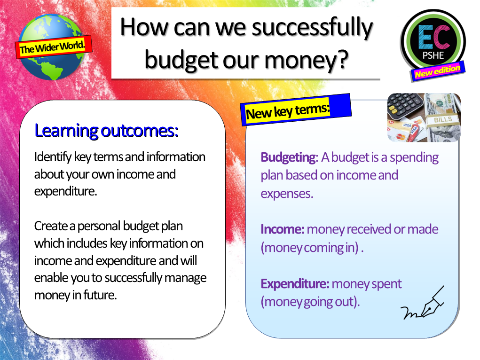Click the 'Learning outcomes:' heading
[x=106, y=131]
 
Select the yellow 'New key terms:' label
[x=288, y=112]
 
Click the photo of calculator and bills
[x=424, y=117]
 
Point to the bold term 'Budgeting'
[x=288, y=157]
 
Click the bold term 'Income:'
[x=283, y=229]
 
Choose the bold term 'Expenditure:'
[x=295, y=284]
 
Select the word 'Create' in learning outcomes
[x=49, y=226]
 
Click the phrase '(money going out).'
[x=310, y=301]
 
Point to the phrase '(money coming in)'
[x=310, y=247]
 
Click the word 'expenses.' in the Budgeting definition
[x=287, y=193]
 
